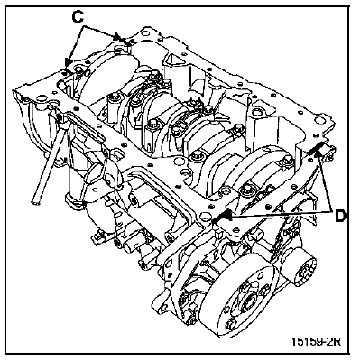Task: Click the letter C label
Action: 78,17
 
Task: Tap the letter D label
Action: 340,216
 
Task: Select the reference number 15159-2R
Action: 316,341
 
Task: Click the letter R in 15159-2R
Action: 337,341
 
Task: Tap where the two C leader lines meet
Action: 85,26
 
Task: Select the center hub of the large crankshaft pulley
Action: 247,306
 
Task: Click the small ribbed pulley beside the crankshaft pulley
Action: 301,271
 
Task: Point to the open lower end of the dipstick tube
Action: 35,203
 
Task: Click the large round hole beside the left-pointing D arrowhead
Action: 204,217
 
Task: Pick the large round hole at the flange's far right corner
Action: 318,120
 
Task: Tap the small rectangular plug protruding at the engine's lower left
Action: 97,237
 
